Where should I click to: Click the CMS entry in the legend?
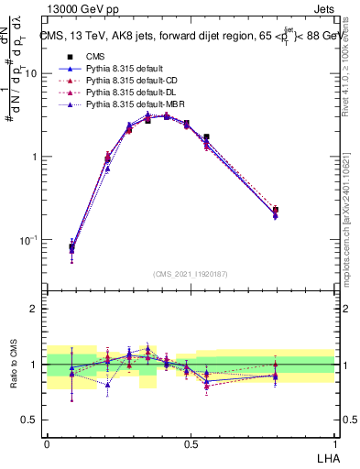(96, 57)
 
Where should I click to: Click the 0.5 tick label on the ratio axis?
(33, 420)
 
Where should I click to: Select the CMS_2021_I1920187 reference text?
(191, 274)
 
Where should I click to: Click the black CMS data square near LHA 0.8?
(276, 211)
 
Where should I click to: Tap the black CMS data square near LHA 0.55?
(206, 136)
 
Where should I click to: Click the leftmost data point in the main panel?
(71, 247)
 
